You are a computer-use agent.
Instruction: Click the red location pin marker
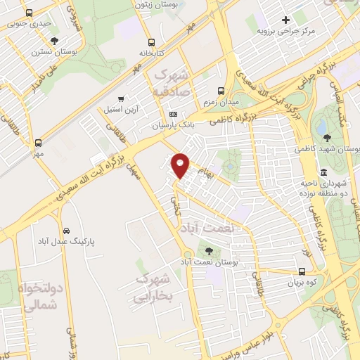tap(181, 165)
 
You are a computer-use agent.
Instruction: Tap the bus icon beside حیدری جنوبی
tap(28, 13)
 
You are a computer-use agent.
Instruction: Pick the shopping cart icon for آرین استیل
tap(122, 98)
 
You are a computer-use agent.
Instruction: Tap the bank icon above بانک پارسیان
tap(174, 115)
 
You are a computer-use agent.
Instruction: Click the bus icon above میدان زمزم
tap(221, 91)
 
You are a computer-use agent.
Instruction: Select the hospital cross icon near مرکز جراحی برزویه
tap(285, 20)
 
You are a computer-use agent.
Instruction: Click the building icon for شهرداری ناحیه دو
tap(323, 172)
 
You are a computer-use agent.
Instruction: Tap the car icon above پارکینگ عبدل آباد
tap(66, 231)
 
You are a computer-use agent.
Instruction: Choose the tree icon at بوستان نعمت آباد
tap(209, 251)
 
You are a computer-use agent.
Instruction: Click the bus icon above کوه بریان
tap(302, 271)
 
